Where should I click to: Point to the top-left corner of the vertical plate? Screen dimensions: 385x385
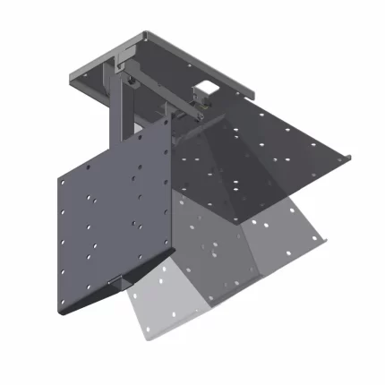pyautogui.click(x=60, y=175)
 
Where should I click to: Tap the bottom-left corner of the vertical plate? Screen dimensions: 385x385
pyautogui.click(x=60, y=315)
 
